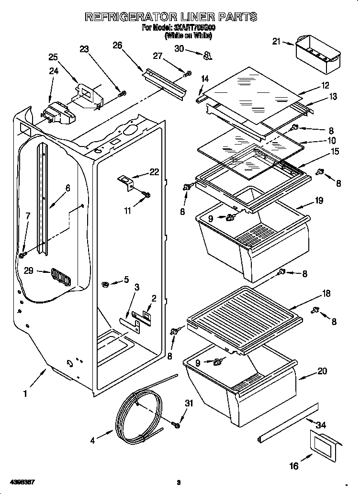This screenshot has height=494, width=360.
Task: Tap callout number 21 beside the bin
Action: [x=276, y=42]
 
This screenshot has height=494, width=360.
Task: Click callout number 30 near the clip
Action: [x=179, y=48]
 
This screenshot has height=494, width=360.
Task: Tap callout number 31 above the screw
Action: [x=189, y=404]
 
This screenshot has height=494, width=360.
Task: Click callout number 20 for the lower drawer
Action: [x=322, y=370]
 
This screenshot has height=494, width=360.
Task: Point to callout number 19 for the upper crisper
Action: [x=319, y=201]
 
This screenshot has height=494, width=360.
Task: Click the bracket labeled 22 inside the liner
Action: [x=125, y=182]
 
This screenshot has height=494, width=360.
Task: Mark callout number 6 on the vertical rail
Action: [x=67, y=188]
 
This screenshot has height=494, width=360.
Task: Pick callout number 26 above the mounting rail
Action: [x=117, y=45]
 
